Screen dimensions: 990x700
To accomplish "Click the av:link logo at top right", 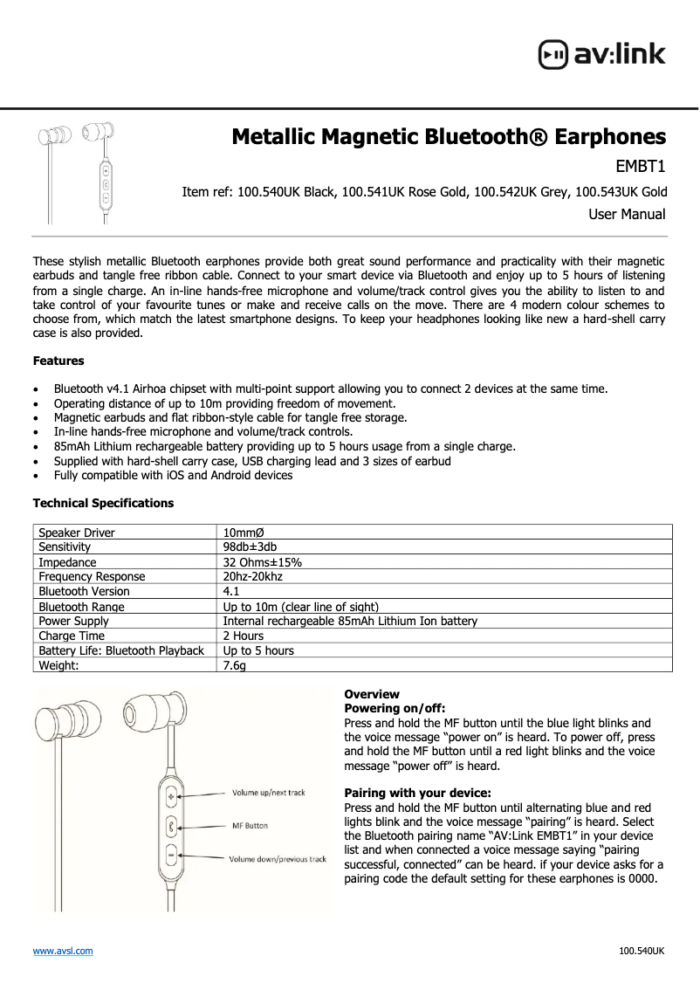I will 601,54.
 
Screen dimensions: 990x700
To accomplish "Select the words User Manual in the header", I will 626,215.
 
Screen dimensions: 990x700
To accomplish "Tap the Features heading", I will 58,361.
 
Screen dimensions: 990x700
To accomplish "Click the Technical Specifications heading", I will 103,504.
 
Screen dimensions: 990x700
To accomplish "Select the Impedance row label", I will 67,562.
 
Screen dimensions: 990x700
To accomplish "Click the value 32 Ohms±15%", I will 263,562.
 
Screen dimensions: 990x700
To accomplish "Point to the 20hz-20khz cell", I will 253,577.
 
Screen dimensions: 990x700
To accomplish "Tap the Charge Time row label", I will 72,636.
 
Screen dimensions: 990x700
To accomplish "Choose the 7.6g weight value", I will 235,665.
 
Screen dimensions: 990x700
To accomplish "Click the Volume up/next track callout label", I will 268,793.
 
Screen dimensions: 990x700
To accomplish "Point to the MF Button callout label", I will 250,826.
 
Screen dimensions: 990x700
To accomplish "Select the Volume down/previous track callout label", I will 277,859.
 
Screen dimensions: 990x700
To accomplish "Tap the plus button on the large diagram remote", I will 172,795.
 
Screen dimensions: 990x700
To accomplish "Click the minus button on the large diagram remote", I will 172,856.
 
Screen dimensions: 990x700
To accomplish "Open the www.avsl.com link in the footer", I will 63,951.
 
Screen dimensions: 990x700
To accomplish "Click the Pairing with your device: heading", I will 417,794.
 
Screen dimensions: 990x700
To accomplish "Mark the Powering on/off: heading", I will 395,709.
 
